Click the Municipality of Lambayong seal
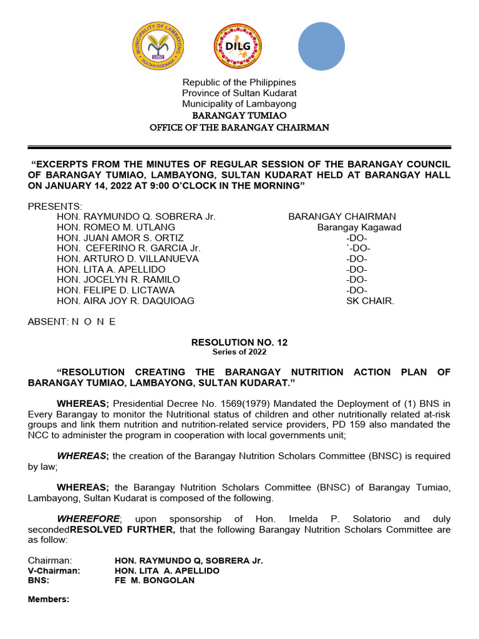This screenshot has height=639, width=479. pyautogui.click(x=158, y=47)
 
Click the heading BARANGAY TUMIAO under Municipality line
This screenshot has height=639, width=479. pyautogui.click(x=239, y=115)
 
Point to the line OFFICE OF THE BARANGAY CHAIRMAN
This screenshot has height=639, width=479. pyautogui.click(x=239, y=127)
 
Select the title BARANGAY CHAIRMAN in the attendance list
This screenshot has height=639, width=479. pyautogui.click(x=342, y=217)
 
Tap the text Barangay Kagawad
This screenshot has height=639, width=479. pyautogui.click(x=359, y=227)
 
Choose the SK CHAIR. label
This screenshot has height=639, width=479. pyautogui.click(x=370, y=301)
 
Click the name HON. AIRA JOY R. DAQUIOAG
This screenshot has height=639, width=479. pyautogui.click(x=125, y=301)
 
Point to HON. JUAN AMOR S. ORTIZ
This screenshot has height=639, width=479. pyautogui.click(x=120, y=238)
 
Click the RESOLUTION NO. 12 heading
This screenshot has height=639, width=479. pyautogui.click(x=239, y=343)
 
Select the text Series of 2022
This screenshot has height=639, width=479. pyautogui.click(x=239, y=352)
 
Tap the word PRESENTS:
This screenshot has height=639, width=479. pyautogui.click(x=54, y=206)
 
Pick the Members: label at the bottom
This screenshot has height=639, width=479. pyautogui.click(x=49, y=600)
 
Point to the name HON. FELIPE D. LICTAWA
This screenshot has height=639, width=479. pyautogui.click(x=115, y=290)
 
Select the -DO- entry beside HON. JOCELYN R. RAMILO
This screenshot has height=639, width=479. pyautogui.click(x=357, y=280)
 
